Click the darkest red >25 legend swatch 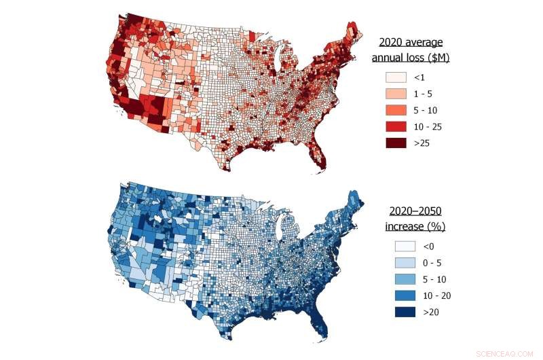pos(395,143)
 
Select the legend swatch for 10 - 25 pos(395,126)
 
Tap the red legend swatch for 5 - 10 pos(395,110)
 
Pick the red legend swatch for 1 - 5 pos(395,94)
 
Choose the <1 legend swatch pos(395,77)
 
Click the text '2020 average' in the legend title pos(414,42)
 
